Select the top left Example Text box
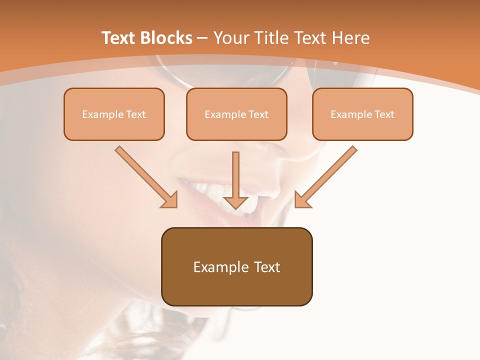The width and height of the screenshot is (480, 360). point(114,114)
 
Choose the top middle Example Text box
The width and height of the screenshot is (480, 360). point(236,114)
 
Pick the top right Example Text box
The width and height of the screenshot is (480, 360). point(362,114)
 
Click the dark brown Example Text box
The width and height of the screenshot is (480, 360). point(236,266)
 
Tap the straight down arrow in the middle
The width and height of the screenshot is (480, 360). point(235,177)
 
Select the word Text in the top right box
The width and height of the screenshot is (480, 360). point(384,114)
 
